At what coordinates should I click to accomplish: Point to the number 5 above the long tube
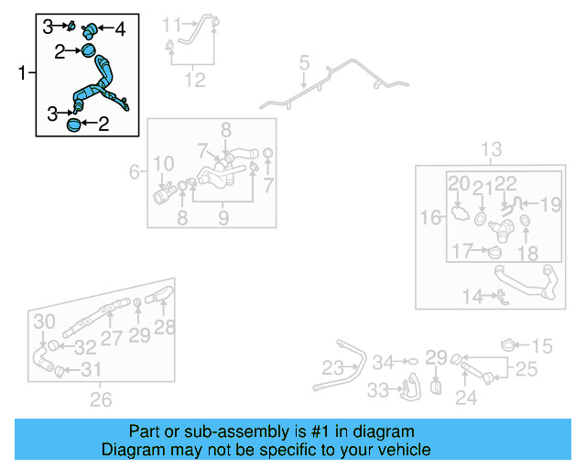pyautogui.click(x=304, y=65)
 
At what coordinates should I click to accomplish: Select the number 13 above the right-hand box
pyautogui.click(x=492, y=149)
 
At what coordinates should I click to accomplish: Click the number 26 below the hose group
pyautogui.click(x=101, y=398)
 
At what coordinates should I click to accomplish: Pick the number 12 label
pyautogui.click(x=194, y=81)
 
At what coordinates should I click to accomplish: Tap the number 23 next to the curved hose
pyautogui.click(x=331, y=368)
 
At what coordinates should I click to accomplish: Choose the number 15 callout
pyautogui.click(x=543, y=345)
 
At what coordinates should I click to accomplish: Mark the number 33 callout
pyautogui.click(x=377, y=390)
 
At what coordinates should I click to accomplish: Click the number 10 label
pyautogui.click(x=163, y=165)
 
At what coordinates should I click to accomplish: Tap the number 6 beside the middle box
pyautogui.click(x=135, y=171)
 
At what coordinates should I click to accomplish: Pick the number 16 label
pyautogui.click(x=430, y=217)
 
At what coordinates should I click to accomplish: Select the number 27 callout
pyautogui.click(x=111, y=337)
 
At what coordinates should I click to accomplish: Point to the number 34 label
pyautogui.click(x=383, y=362)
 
